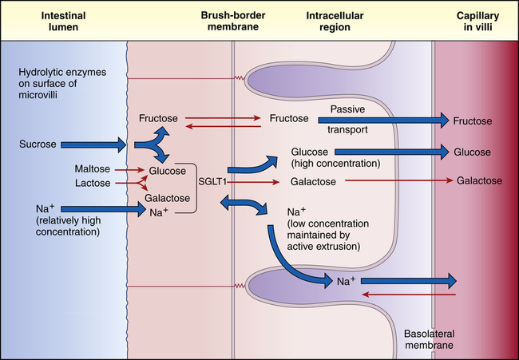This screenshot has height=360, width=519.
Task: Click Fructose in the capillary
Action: coord(472,121)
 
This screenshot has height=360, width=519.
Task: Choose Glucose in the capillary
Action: coord(472,151)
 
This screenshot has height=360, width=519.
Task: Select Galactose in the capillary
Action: coord(479,181)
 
